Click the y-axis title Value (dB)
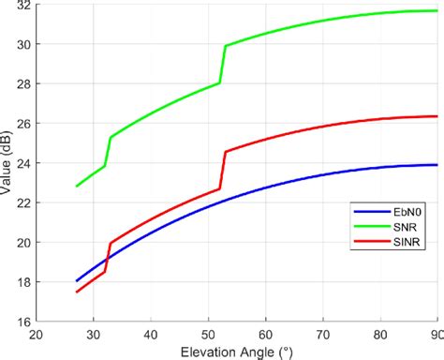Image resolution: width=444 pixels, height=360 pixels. coord(8,161)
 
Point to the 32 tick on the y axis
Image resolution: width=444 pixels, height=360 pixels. coord(22,5)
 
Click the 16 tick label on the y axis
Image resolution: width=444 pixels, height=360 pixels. coord(22,322)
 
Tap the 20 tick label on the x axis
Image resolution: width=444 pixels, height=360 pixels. coord(36,334)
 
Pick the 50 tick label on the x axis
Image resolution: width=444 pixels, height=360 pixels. coord(208,334)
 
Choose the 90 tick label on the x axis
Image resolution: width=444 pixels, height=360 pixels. coord(435,334)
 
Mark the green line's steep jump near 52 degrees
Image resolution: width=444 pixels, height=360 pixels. coord(223,64)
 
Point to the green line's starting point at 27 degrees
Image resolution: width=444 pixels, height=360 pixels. coord(77,186)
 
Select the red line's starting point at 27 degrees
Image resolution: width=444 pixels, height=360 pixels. coord(77,292)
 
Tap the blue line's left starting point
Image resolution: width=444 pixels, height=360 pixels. coord(77,280)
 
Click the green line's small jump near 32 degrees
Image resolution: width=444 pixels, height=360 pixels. coord(108,152)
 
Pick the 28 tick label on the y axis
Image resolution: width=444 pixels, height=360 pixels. coord(22,83)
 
